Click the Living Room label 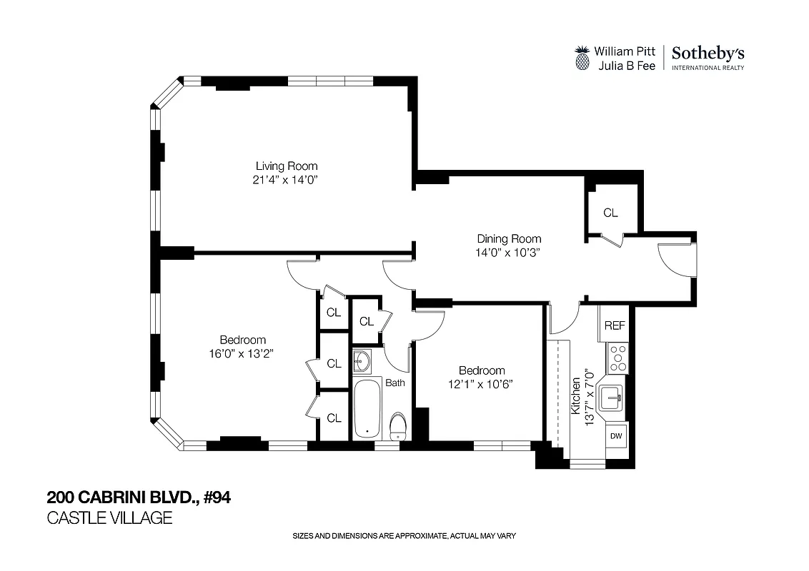pos(287,166)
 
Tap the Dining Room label pos(509,238)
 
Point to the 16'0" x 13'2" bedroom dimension pos(243,353)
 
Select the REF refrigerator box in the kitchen pos(615,325)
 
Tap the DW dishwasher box pos(615,435)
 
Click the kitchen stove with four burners pos(617,358)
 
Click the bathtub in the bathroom pos(367,410)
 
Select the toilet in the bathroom pos(397,426)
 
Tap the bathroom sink pos(362,361)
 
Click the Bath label pos(395,383)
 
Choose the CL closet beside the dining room pos(610,213)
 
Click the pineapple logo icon pos(582,58)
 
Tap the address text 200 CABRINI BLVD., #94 pos(139,497)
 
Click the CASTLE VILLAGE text pos(109,518)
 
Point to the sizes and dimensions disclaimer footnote pos(404,536)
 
